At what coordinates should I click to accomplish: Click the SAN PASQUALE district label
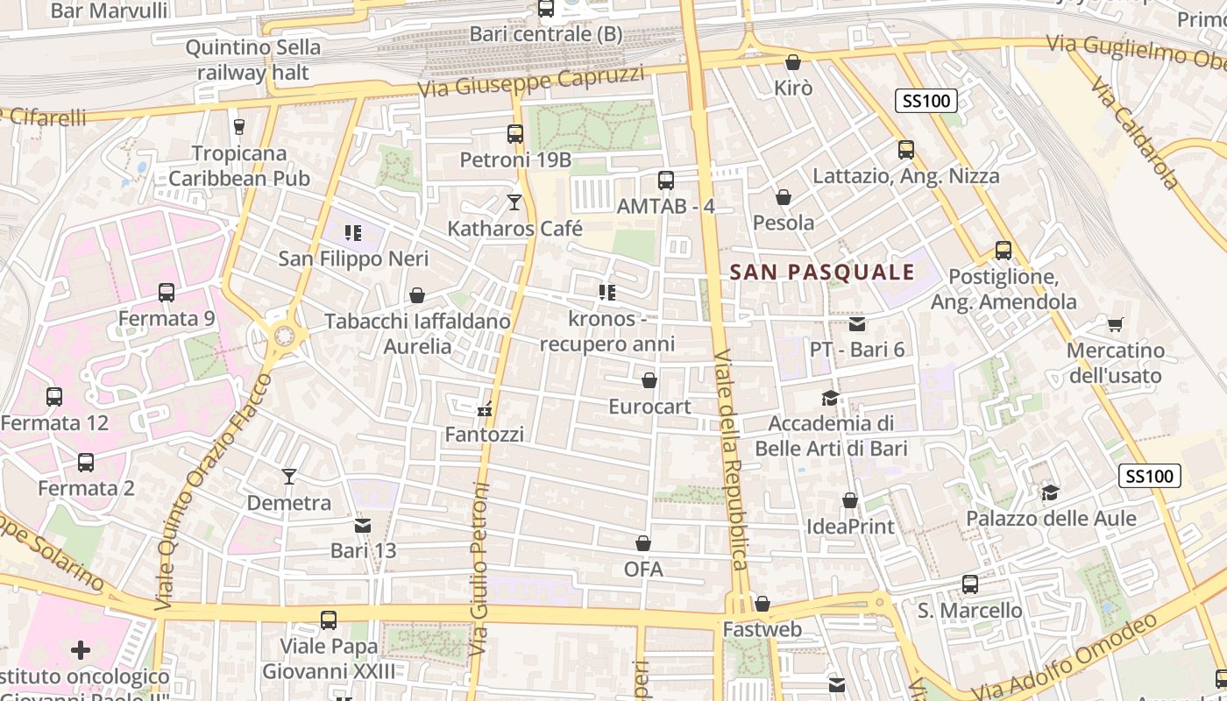(822, 273)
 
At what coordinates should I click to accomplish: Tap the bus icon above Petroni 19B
(515, 134)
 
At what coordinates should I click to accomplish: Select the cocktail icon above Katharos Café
(514, 202)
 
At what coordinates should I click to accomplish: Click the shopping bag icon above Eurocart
(649, 380)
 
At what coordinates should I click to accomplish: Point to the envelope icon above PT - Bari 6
(857, 324)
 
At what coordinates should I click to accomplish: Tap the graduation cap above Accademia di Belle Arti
(829, 399)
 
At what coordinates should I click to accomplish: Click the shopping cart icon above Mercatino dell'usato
(1115, 325)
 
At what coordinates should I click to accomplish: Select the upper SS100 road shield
(926, 101)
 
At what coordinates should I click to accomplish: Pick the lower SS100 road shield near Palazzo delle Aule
(1150, 477)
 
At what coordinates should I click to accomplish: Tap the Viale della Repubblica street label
(730, 460)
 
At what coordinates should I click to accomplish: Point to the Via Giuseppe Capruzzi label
(531, 81)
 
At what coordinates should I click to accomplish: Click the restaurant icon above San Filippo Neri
(353, 233)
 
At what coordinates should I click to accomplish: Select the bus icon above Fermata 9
(167, 293)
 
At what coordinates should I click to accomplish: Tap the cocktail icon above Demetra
(289, 477)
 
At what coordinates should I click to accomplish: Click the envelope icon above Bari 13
(363, 526)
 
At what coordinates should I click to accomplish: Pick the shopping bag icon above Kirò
(793, 62)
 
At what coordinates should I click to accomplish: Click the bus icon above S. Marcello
(970, 584)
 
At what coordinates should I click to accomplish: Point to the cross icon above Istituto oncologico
(81, 650)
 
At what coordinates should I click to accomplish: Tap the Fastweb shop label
(749, 629)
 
